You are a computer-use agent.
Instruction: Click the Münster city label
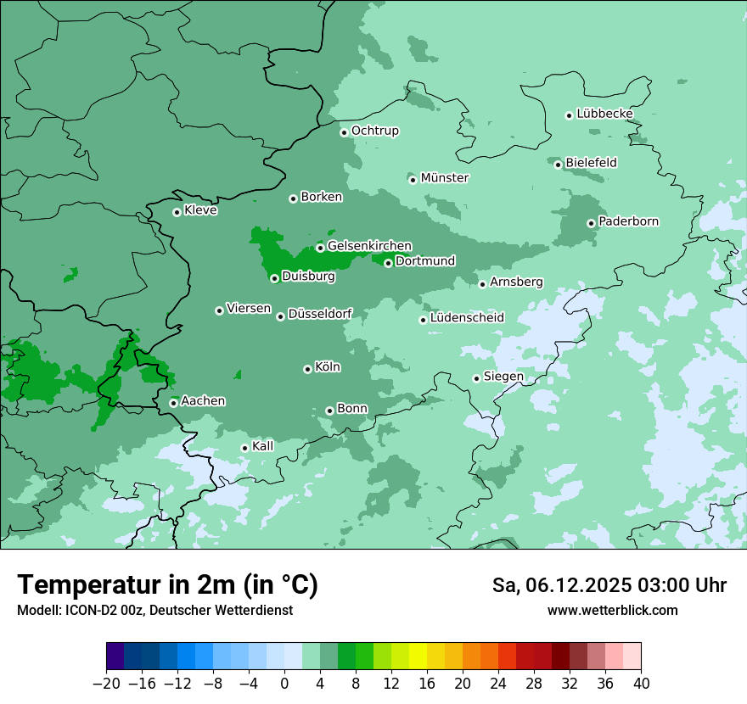(x=444, y=178)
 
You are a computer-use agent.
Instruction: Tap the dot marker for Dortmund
(x=388, y=263)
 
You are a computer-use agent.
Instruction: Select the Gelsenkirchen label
(x=369, y=246)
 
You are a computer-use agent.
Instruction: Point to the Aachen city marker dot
(x=173, y=403)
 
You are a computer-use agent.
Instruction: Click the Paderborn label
(x=628, y=221)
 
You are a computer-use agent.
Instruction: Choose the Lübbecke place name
(x=604, y=114)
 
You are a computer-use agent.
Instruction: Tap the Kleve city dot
(x=177, y=212)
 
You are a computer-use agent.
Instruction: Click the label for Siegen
(x=503, y=377)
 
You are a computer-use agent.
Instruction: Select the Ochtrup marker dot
(x=344, y=132)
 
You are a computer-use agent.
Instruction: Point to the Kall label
(x=262, y=446)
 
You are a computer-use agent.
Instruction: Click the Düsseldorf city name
(x=320, y=315)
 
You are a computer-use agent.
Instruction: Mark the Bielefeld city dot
(x=558, y=165)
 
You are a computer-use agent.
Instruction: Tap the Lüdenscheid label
(x=467, y=318)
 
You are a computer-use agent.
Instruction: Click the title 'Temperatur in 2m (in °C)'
(x=167, y=585)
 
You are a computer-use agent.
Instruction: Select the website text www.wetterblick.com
(x=612, y=610)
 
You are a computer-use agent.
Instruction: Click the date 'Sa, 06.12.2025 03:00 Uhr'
(x=609, y=585)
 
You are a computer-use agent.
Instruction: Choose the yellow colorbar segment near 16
(x=418, y=657)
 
